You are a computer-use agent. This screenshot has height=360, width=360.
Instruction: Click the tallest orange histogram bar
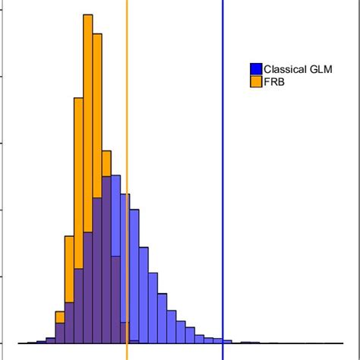tap(88, 123)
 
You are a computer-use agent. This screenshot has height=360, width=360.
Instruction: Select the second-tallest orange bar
tap(97, 115)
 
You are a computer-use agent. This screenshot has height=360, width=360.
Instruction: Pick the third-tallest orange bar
tap(78, 183)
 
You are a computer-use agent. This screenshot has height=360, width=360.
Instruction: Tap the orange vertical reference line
tap(127, 180)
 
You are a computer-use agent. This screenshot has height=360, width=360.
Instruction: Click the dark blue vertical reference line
tap(223, 180)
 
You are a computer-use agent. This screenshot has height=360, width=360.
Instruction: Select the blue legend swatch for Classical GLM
tap(256, 69)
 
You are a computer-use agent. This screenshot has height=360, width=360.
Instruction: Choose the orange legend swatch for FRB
tap(256, 81)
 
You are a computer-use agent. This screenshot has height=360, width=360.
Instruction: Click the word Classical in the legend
tap(285, 69)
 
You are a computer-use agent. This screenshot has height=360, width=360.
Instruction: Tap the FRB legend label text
tap(274, 82)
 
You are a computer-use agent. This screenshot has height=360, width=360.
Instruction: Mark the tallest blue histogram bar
tap(115, 259)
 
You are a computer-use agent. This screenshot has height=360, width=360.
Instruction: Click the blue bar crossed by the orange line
tap(125, 269)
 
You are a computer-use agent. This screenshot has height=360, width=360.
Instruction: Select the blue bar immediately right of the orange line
tap(134, 276)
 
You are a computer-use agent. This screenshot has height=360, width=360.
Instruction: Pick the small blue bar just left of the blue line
tap(218, 341)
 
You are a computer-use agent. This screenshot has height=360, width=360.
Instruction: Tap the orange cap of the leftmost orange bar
tap(60, 317)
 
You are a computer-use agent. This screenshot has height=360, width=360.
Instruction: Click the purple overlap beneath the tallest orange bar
tap(88, 288)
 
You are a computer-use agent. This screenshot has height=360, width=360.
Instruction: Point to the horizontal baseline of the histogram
tap(181, 343)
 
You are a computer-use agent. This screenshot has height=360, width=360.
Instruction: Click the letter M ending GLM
tap(328, 69)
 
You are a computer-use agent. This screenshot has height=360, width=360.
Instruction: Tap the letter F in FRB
tap(267, 82)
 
